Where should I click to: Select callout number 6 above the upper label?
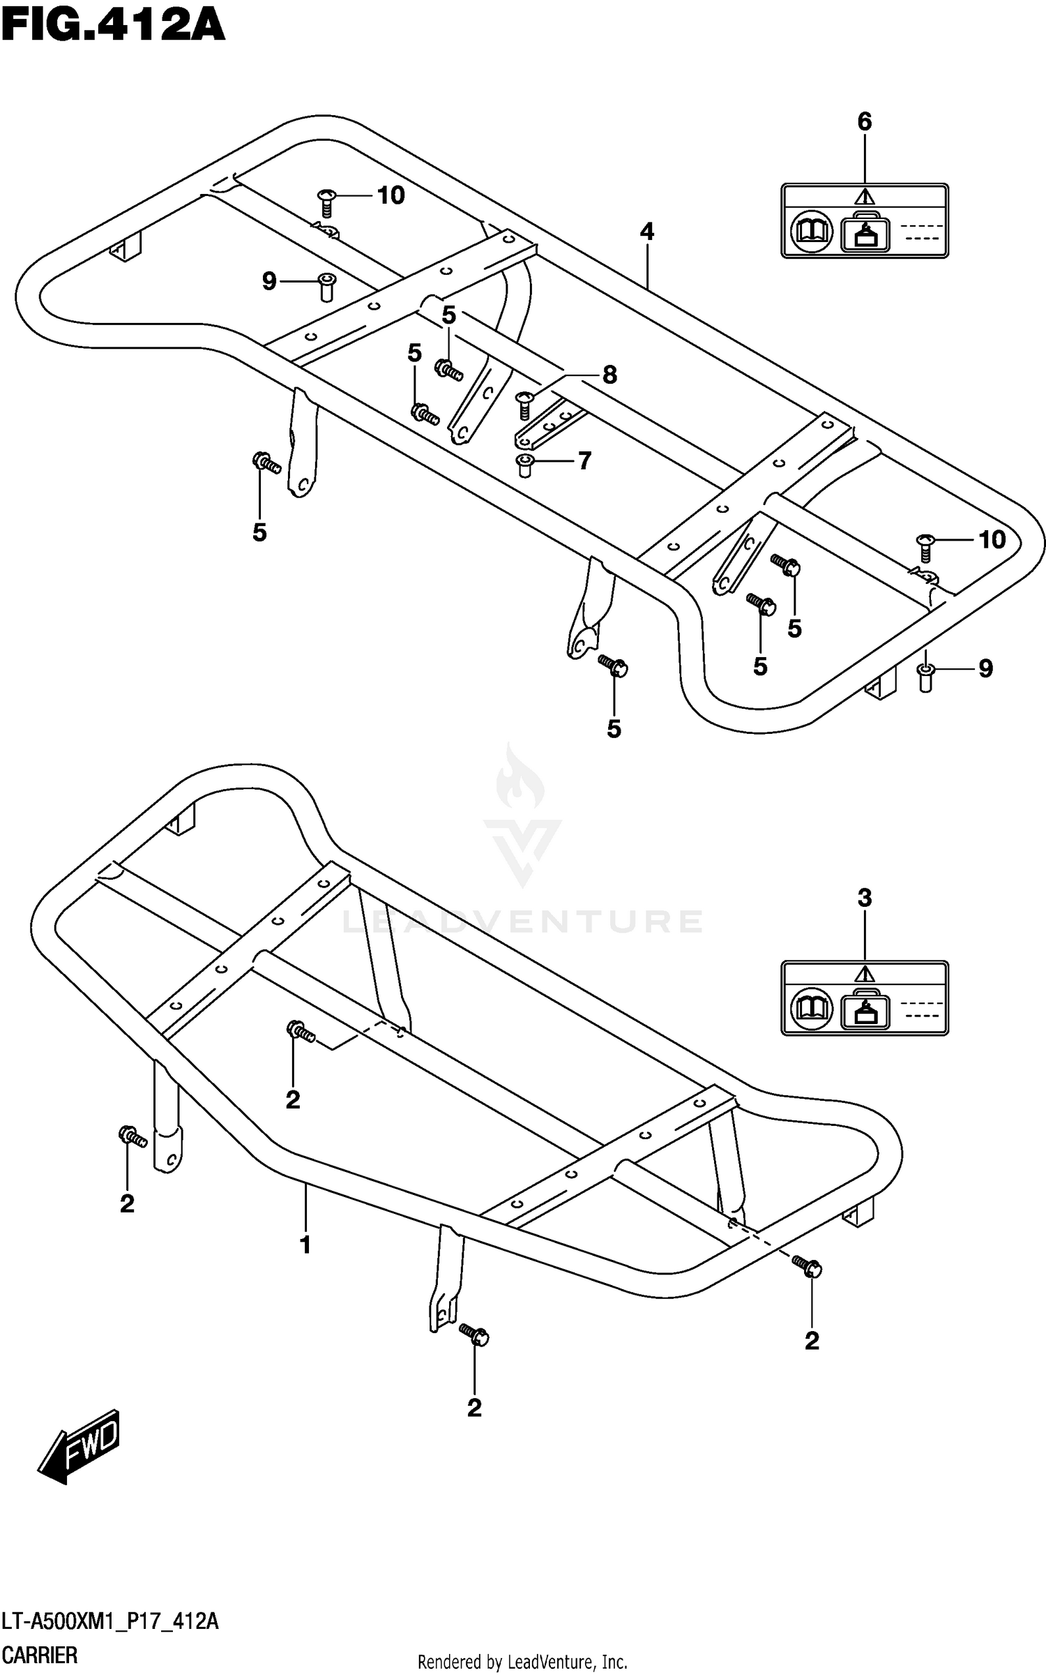click(864, 122)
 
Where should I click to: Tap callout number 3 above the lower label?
click(864, 898)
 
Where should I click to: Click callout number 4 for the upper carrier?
click(646, 232)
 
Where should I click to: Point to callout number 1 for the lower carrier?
click(305, 1245)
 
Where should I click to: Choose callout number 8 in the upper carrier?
click(609, 375)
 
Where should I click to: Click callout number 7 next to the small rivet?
click(584, 460)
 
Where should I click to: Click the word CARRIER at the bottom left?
click(40, 1655)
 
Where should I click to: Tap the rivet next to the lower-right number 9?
click(925, 677)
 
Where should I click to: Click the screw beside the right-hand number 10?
click(925, 547)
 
